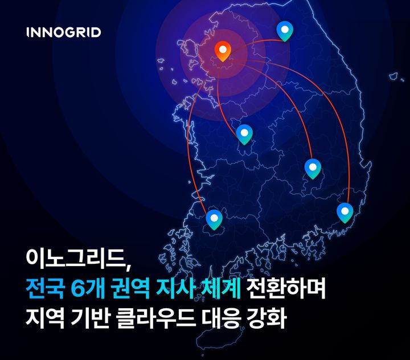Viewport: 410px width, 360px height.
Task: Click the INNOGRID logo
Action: click(x=64, y=32)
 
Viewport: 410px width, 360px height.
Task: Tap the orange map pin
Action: click(x=223, y=52)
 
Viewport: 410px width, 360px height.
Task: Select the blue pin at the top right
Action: click(x=284, y=31)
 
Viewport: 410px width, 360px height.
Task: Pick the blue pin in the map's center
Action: click(x=244, y=134)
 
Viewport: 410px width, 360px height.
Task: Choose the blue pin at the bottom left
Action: click(x=214, y=219)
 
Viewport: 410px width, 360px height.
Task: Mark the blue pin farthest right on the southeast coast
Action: click(x=345, y=212)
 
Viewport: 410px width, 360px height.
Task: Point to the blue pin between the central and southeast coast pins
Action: click(x=313, y=169)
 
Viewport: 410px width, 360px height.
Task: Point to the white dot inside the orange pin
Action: click(x=223, y=49)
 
